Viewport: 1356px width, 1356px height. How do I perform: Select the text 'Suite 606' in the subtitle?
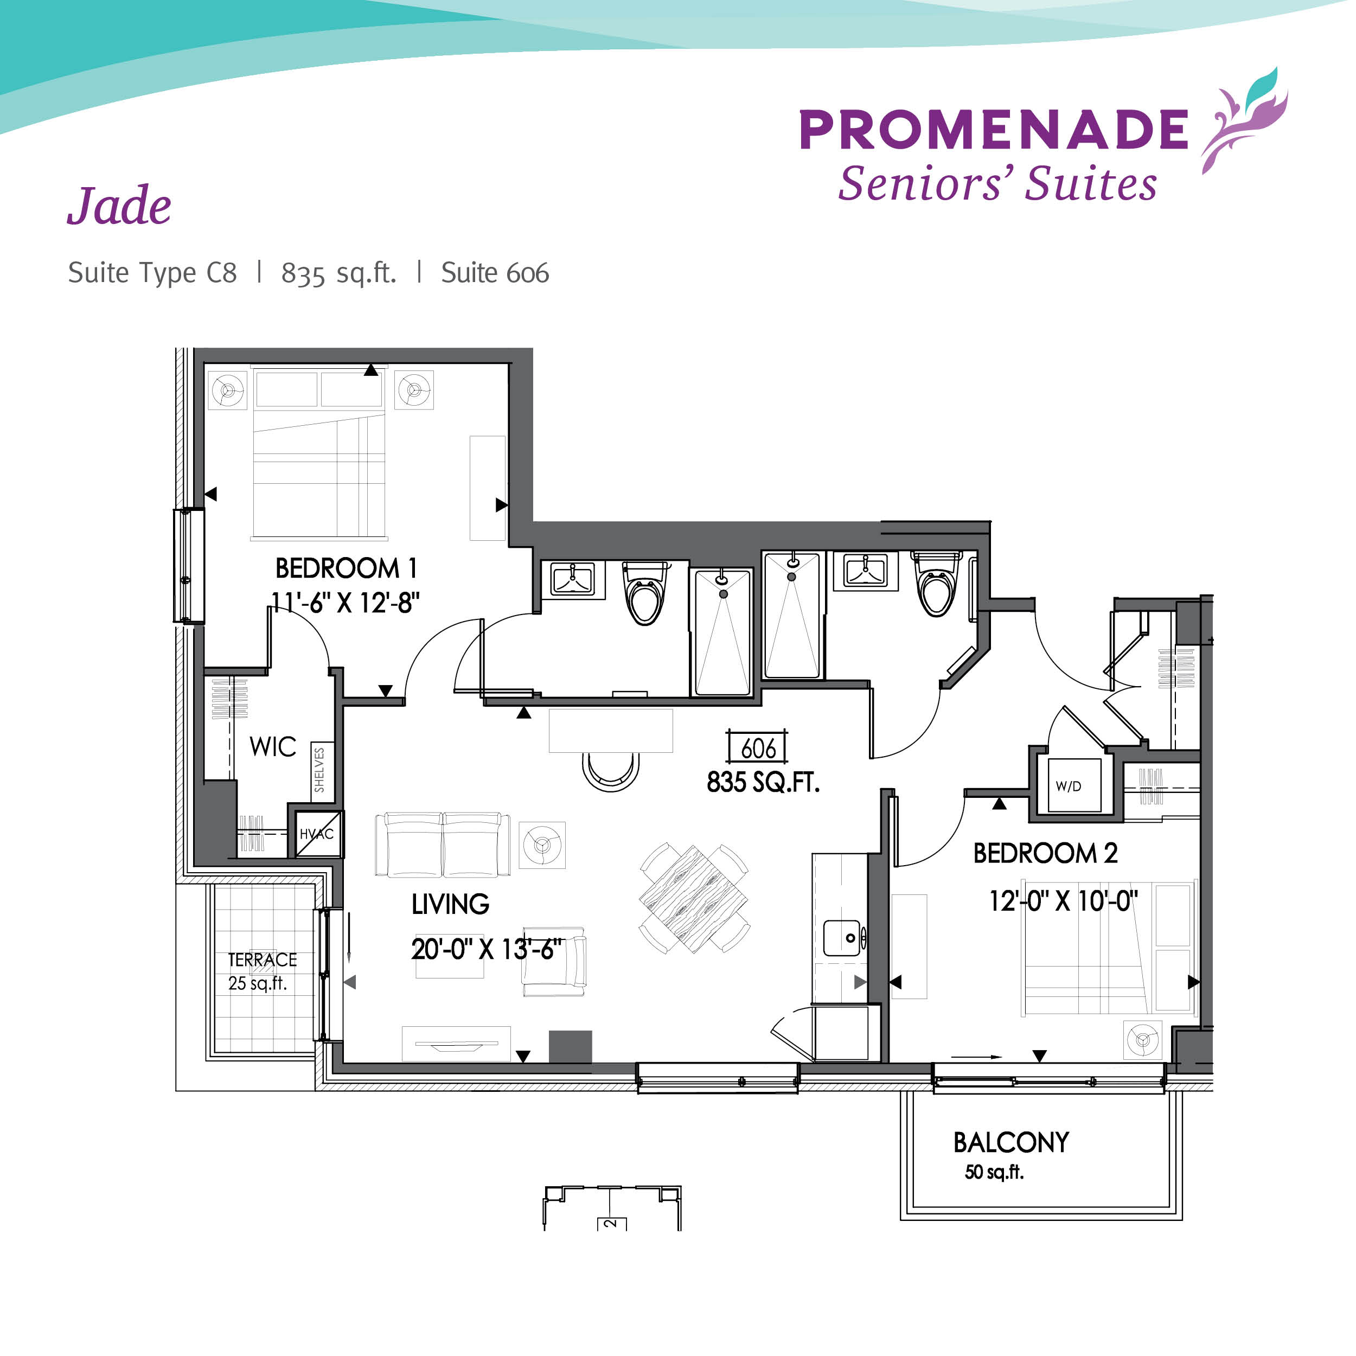[x=495, y=273]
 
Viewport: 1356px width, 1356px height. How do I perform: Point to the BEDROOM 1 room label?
[x=346, y=568]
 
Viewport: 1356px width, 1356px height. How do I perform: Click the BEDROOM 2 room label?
[x=1045, y=853]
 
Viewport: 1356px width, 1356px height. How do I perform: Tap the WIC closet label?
[x=273, y=747]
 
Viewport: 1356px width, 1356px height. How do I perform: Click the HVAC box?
[x=318, y=834]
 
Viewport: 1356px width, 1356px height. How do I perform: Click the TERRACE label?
[x=263, y=960]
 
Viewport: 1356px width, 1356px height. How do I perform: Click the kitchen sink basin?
[x=842, y=938]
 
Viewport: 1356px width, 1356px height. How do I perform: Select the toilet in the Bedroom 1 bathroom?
[x=645, y=593]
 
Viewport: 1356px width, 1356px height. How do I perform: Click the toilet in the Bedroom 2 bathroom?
[x=937, y=584]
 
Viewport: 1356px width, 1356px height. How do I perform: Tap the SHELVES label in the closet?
[x=319, y=770]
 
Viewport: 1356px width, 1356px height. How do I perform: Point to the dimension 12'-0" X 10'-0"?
[x=1063, y=901]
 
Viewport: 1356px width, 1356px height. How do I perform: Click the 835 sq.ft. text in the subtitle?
[x=339, y=273]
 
